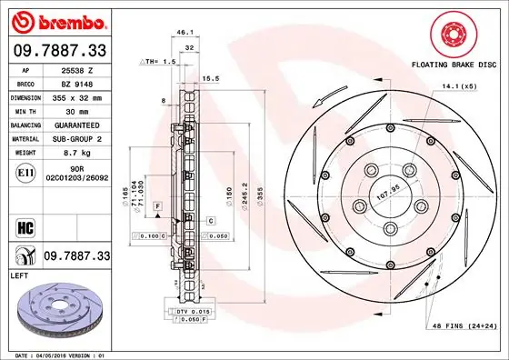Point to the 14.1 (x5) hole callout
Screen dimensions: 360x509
tap(459, 86)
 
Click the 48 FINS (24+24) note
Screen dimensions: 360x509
tap(464, 326)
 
